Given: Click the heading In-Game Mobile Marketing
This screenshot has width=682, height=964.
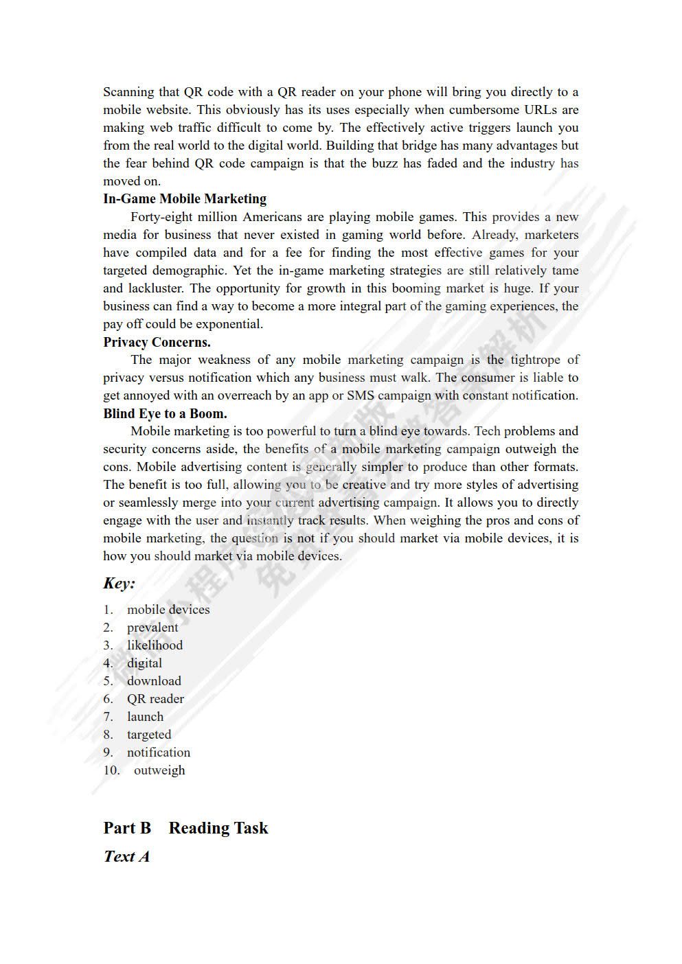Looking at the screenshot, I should pyautogui.click(x=185, y=199).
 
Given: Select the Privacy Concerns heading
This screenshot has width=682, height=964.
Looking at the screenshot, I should pyautogui.click(x=157, y=342).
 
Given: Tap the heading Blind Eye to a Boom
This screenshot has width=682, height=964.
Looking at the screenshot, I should pyautogui.click(x=165, y=413).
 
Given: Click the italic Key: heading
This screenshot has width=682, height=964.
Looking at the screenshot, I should pyautogui.click(x=119, y=584).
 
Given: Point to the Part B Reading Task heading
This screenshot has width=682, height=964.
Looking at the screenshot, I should pyautogui.click(x=185, y=828).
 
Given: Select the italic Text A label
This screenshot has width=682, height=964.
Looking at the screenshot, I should pyautogui.click(x=126, y=856).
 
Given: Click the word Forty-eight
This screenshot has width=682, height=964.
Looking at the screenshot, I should pyautogui.click(x=159, y=217).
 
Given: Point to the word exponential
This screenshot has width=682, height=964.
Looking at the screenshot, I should pyautogui.click(x=229, y=324).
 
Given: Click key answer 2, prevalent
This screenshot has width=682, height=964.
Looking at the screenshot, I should pyautogui.click(x=152, y=628).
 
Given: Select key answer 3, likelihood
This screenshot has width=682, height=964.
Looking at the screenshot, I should pyautogui.click(x=155, y=645).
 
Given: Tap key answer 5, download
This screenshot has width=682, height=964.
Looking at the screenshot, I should pyautogui.click(x=154, y=681).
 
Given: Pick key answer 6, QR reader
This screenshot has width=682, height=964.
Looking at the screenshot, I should pyautogui.click(x=155, y=699).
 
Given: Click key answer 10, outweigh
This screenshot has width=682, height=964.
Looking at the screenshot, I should pyautogui.click(x=159, y=770).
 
